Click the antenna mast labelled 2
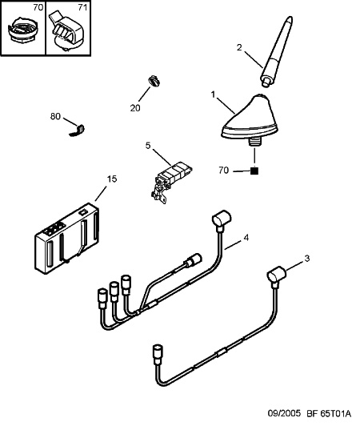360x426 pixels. point(278,51)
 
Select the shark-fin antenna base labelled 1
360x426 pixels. point(249,119)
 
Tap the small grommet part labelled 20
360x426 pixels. point(154,81)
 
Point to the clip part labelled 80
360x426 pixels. point(78,131)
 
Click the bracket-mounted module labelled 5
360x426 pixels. point(171,181)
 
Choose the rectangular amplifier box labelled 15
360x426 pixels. point(66,239)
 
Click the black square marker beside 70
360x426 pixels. point(254,171)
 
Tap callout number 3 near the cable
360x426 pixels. point(306,259)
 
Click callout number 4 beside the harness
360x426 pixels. point(246,238)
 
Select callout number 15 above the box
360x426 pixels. point(112,179)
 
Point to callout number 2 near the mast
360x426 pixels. point(239,47)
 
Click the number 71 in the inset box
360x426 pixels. point(82,8)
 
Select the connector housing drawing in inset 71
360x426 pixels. point(66,31)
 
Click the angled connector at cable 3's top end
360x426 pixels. point(276,275)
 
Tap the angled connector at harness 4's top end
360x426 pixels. point(222,219)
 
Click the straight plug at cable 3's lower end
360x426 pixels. point(158,355)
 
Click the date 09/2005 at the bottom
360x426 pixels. point(285,413)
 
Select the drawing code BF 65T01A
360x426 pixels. point(329,413)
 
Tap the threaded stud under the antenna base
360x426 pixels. point(254,143)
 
